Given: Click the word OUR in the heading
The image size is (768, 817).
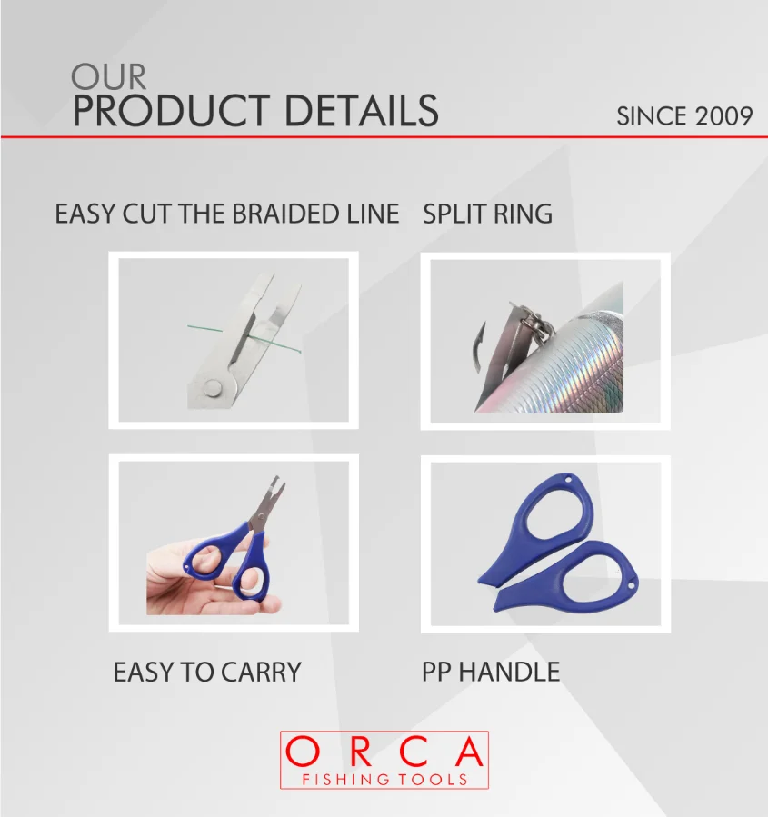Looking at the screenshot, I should (108, 76).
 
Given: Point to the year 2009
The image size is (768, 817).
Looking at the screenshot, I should (724, 116).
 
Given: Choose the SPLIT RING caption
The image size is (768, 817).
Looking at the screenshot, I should (487, 214).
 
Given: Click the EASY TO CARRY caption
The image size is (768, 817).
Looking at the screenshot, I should (206, 673).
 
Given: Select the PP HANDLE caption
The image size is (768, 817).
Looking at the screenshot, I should (491, 673).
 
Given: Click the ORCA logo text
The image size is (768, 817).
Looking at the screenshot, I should (384, 752).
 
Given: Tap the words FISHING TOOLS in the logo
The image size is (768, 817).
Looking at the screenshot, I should (384, 779).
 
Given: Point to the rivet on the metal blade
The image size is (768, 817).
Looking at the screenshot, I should (213, 389).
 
